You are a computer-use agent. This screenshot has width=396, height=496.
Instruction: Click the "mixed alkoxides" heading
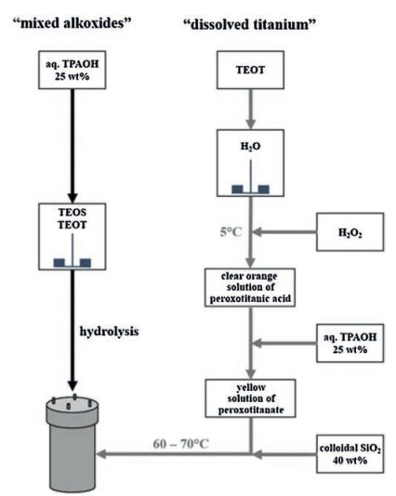pyautogui.click(x=72, y=23)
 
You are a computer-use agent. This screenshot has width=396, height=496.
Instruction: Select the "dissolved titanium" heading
pyautogui.click(x=250, y=24)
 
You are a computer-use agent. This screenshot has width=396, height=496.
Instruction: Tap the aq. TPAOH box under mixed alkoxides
pyautogui.click(x=73, y=70)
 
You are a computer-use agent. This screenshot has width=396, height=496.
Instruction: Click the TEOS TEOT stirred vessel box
pyautogui.click(x=73, y=237)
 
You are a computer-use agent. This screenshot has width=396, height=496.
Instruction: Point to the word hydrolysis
pyautogui.click(x=109, y=332)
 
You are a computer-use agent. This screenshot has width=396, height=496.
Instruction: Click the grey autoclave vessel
pyautogui.click(x=73, y=443)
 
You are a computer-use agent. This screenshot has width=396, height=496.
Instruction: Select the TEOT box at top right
pyautogui.click(x=250, y=70)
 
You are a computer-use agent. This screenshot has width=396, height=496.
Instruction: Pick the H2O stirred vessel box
pyautogui.click(x=250, y=163)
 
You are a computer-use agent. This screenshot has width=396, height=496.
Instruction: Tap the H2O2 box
pyautogui.click(x=350, y=232)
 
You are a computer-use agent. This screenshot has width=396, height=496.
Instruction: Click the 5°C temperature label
pyautogui.click(x=231, y=232)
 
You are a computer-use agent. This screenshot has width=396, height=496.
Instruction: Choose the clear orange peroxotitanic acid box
pyautogui.click(x=250, y=288)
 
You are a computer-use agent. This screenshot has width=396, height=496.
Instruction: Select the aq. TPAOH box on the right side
pyautogui.click(x=350, y=344)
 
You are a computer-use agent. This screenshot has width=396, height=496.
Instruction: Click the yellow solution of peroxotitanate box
pyautogui.click(x=250, y=398)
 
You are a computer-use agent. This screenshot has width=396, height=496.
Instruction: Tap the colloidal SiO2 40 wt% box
pyautogui.click(x=350, y=454)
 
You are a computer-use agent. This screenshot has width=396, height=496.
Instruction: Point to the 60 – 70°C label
pyautogui.click(x=181, y=444)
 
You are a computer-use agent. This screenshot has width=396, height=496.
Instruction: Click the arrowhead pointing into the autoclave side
pyautogui.click(x=101, y=454)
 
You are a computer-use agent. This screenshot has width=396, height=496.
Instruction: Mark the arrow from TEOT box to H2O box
pyautogui.click(x=250, y=109)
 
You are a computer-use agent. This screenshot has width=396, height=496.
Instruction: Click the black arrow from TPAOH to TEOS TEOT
pyautogui.click(x=73, y=146)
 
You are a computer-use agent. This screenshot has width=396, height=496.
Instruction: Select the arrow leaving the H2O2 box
pyautogui.click(x=284, y=232)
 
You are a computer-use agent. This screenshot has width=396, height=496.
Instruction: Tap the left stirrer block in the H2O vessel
pyautogui.click(x=237, y=189)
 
